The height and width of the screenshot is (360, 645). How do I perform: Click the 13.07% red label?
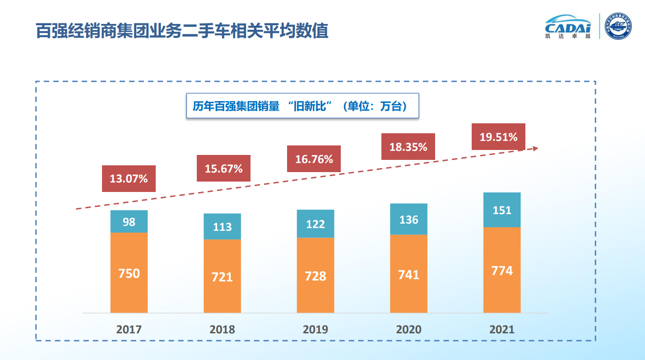(129, 179)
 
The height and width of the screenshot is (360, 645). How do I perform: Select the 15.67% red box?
(223, 168)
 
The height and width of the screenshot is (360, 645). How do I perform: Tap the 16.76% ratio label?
(314, 159)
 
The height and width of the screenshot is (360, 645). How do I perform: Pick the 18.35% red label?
(408, 147)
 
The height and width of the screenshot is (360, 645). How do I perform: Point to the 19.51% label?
(498, 137)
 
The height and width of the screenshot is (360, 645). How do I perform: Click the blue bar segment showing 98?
(129, 222)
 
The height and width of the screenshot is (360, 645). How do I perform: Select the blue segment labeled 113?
(222, 226)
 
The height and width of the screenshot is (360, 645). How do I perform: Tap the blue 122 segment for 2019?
(316, 224)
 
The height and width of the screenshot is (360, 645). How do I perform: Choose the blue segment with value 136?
(408, 220)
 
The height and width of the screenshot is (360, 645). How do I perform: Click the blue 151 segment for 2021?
(502, 210)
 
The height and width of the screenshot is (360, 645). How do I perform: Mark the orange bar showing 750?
(129, 273)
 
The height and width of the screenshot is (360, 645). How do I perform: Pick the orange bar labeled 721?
(222, 276)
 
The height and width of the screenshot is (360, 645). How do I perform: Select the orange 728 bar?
(316, 275)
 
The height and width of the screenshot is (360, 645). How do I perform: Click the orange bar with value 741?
(408, 274)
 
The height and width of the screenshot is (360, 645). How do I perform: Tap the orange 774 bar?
(502, 270)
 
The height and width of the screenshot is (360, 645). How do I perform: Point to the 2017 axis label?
(129, 329)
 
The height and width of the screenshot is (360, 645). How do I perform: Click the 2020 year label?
(408, 329)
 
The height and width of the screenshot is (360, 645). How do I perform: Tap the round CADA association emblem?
(618, 26)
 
